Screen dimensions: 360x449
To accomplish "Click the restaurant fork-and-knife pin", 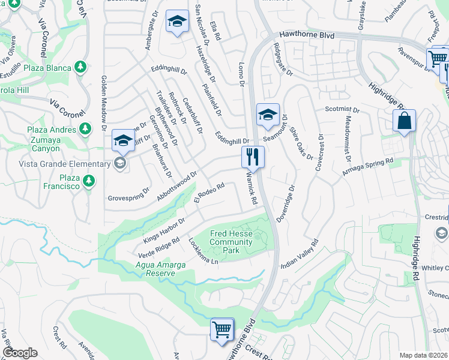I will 253,157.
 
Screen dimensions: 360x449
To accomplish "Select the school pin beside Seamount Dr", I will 268,115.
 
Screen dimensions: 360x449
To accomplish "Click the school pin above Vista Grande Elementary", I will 123,141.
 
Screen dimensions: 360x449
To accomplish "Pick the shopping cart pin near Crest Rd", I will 221,329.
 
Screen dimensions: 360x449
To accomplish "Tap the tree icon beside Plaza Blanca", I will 80,66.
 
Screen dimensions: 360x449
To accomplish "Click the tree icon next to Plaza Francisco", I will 89,179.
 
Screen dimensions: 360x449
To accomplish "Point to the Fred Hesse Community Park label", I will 231,242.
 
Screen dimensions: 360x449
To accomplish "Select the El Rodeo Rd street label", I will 209,193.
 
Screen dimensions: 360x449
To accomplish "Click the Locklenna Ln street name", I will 202,253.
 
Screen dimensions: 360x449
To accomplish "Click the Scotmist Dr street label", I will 342,110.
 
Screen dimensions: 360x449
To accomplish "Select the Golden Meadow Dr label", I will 103,103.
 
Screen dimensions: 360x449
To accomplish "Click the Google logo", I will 20,353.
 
